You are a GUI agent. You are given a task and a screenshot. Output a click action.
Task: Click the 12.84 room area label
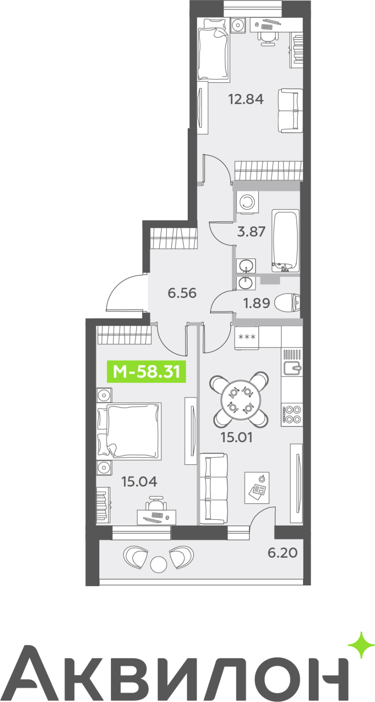tap(246, 99)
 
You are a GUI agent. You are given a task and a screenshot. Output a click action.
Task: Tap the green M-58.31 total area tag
tap(146, 372)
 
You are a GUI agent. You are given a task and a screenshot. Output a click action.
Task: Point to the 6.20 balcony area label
tap(282, 552)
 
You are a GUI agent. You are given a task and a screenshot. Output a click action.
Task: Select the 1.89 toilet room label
tap(256, 303)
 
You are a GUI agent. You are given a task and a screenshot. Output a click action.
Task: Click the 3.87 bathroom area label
tap(251, 232)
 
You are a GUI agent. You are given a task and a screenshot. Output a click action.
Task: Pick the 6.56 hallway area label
tap(182, 293)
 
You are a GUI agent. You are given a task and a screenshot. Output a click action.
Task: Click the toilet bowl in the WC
tap(287, 303)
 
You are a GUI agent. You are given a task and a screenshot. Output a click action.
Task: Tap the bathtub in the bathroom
tap(286, 241)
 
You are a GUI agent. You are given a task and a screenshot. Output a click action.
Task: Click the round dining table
tap(241, 400)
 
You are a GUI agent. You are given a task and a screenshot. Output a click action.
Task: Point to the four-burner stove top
tap(292, 414)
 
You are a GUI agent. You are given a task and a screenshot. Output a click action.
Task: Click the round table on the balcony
tap(158, 564)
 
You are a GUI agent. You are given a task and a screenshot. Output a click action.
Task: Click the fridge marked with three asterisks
tap(247, 337)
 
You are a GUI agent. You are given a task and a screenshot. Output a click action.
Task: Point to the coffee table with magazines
tap(257, 487)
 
